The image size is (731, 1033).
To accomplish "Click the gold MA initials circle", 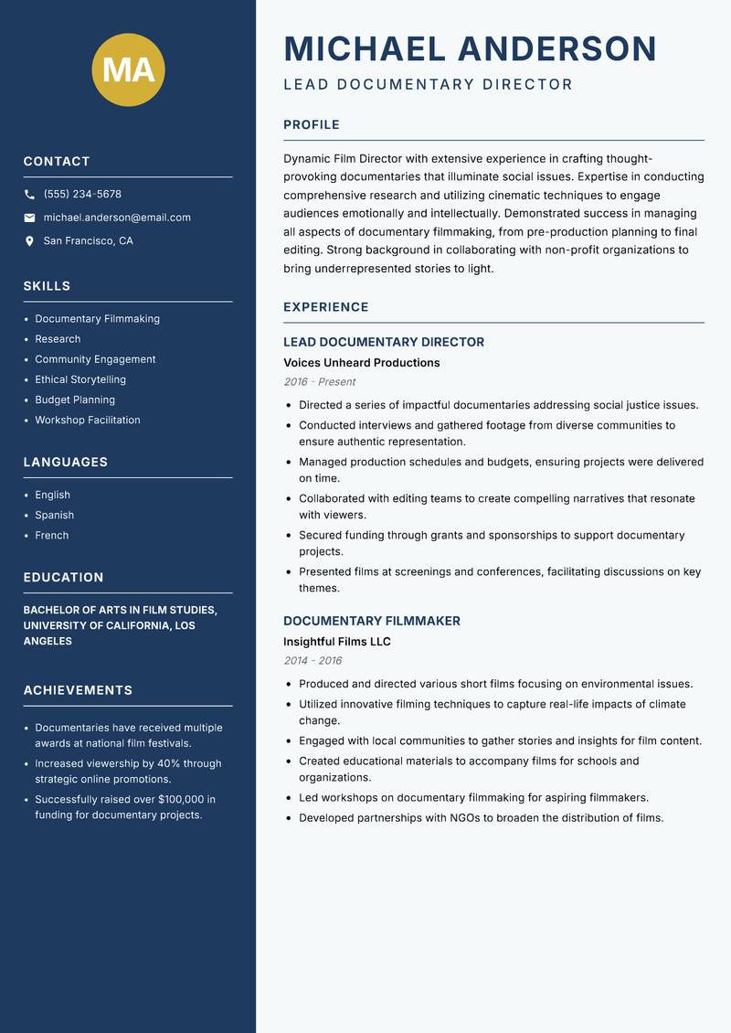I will click(x=129, y=69).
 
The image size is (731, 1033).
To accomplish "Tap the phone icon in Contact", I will click(x=30, y=195).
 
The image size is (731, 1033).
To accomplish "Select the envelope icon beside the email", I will click(x=30, y=218).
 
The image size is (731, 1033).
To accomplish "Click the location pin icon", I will click(x=30, y=241).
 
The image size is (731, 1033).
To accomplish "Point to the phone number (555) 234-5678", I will click(x=82, y=195).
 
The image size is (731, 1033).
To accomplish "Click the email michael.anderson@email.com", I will click(x=117, y=218).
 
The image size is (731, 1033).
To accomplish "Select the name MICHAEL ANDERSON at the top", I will click(x=470, y=48).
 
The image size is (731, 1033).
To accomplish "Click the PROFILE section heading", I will click(x=312, y=125).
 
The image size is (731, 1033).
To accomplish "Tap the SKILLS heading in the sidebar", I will click(x=47, y=286).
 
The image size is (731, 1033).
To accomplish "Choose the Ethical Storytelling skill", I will click(x=80, y=379).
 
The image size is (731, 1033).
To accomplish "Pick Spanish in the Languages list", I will click(x=55, y=516).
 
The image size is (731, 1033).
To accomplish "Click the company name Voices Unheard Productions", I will click(x=361, y=363).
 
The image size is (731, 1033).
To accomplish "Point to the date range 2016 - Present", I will click(x=320, y=382).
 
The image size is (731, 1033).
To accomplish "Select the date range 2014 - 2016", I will click(x=313, y=661).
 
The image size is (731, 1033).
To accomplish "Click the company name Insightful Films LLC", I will click(x=336, y=642).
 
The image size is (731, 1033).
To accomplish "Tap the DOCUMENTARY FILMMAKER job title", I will click(x=371, y=621).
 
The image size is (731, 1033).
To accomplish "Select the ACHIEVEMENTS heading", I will click(x=78, y=690).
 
